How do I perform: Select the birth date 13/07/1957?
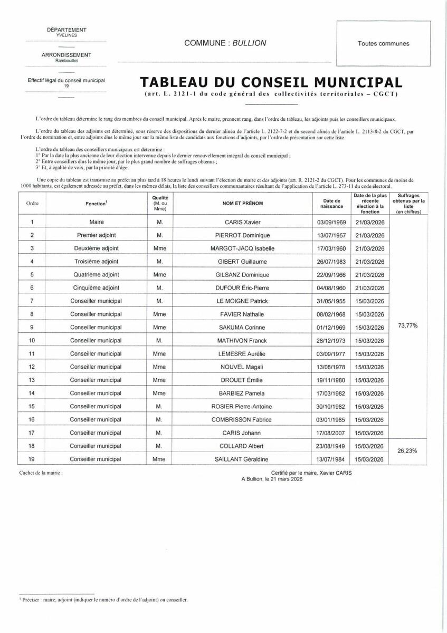click(x=332, y=235)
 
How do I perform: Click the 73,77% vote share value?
click(x=407, y=326)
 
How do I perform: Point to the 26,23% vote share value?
click(x=407, y=451)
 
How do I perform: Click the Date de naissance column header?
click(x=332, y=204)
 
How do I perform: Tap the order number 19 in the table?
click(x=32, y=459)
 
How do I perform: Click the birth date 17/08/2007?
click(x=332, y=433)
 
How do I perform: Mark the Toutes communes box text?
click(x=383, y=44)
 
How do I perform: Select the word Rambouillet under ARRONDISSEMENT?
click(x=66, y=60)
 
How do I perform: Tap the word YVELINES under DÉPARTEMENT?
click(x=66, y=35)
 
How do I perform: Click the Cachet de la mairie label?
click(x=41, y=473)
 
